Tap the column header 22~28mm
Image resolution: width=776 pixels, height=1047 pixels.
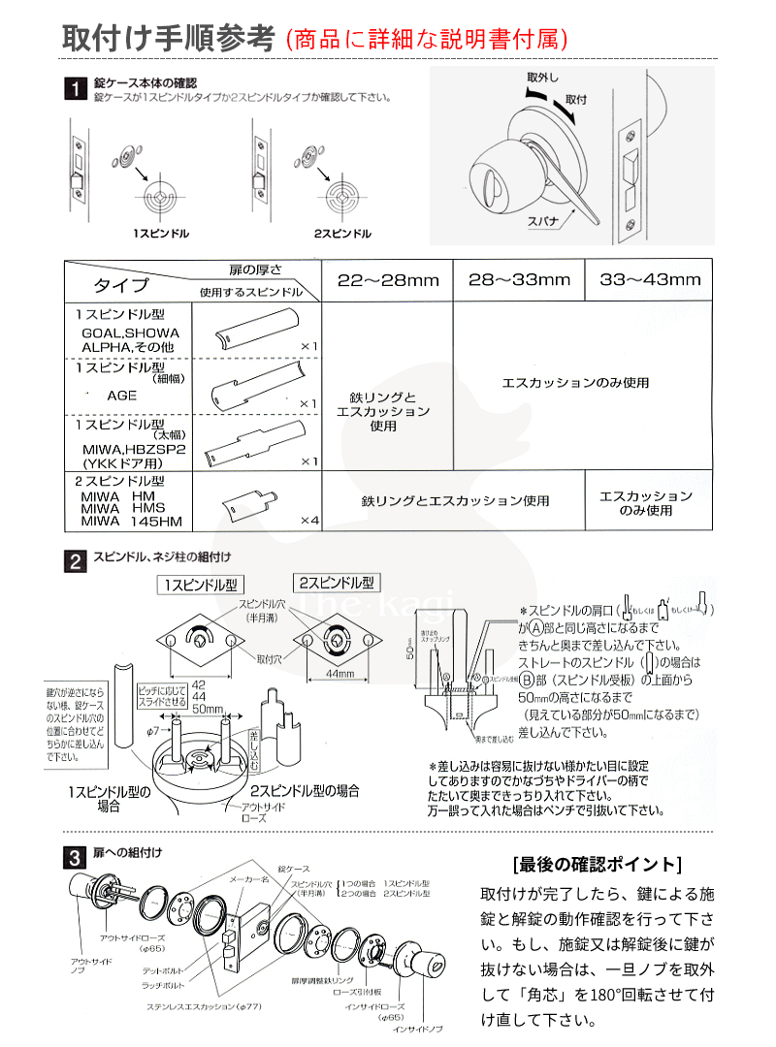click(x=388, y=280)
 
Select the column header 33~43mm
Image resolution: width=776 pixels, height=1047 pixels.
click(x=649, y=280)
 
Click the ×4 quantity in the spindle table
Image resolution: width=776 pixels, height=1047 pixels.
click(x=308, y=521)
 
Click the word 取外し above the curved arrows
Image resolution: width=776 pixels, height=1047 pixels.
click(x=542, y=77)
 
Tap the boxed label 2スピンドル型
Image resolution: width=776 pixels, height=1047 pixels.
click(x=336, y=584)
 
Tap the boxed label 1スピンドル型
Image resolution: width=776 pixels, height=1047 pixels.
click(x=203, y=585)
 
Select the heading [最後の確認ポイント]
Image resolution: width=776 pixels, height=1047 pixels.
click(x=596, y=864)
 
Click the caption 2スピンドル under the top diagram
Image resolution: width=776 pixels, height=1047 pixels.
click(x=342, y=235)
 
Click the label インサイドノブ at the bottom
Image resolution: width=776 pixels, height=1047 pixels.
click(x=418, y=1029)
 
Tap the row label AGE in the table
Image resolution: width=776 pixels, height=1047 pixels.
click(x=122, y=396)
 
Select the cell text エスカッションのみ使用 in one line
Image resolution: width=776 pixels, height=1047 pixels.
click(x=575, y=383)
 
